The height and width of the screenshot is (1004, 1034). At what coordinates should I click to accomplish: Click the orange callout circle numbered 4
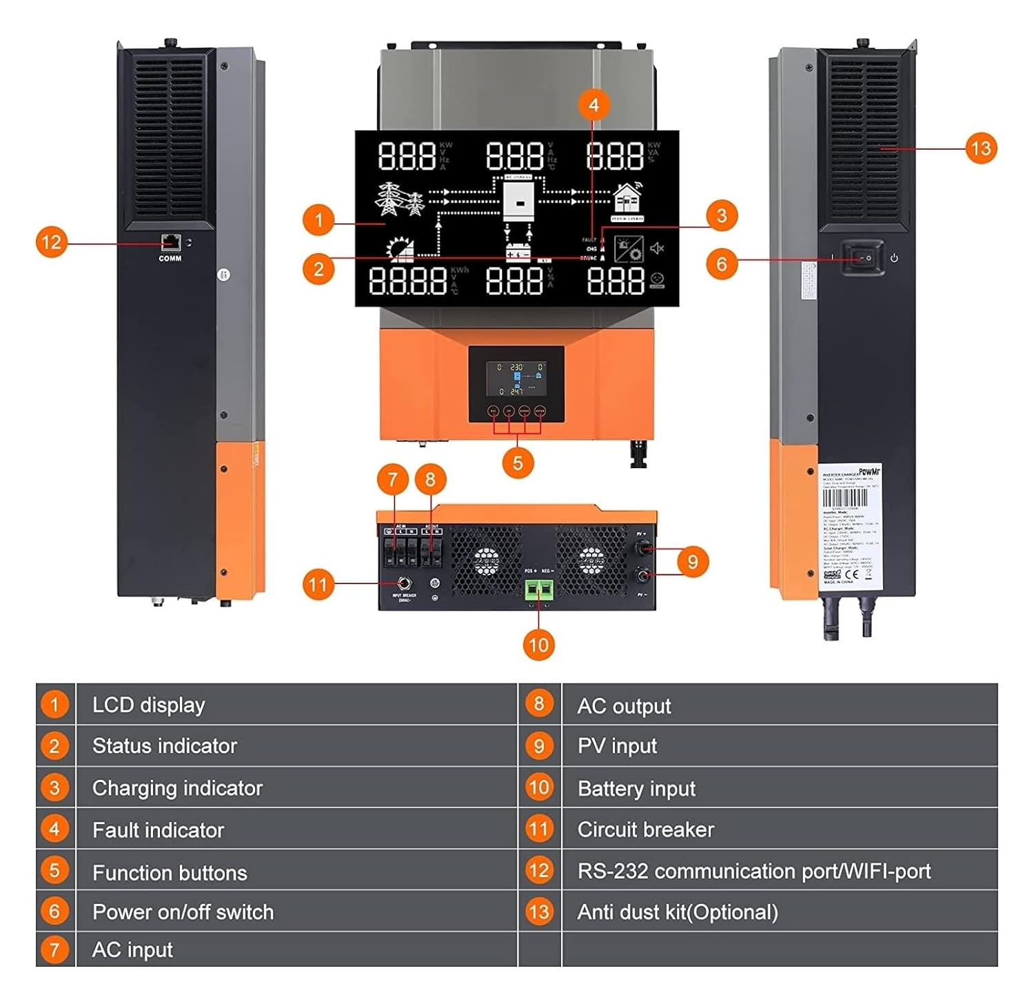pos(594,106)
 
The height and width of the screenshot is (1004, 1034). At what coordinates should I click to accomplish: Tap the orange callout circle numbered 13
pos(980,148)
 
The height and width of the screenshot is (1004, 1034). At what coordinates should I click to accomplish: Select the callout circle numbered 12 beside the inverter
pos(52,243)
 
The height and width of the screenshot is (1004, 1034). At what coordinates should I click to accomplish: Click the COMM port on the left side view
pos(170,243)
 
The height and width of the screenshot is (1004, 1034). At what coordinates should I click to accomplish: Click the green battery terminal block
pos(539,590)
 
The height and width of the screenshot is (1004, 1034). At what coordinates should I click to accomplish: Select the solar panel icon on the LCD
pos(401,249)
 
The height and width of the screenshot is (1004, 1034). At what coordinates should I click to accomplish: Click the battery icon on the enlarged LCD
pos(518,252)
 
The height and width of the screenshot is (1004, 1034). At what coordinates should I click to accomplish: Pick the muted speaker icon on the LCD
pos(657,248)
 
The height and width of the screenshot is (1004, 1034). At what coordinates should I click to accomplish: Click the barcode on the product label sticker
pos(845,498)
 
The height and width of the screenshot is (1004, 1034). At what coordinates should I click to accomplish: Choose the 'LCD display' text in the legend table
pos(149,705)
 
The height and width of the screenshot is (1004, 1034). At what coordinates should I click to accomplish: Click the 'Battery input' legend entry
pos(636,788)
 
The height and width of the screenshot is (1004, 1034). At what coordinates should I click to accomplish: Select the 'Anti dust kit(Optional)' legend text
pos(678,912)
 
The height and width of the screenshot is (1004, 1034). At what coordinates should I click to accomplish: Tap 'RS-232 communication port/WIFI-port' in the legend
pos(754,871)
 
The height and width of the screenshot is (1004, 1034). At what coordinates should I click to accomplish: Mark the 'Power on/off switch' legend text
pos(183,912)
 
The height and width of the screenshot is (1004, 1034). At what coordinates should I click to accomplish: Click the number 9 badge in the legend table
pos(539,746)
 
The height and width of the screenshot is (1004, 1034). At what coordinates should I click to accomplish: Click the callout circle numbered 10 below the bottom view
pos(538,645)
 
